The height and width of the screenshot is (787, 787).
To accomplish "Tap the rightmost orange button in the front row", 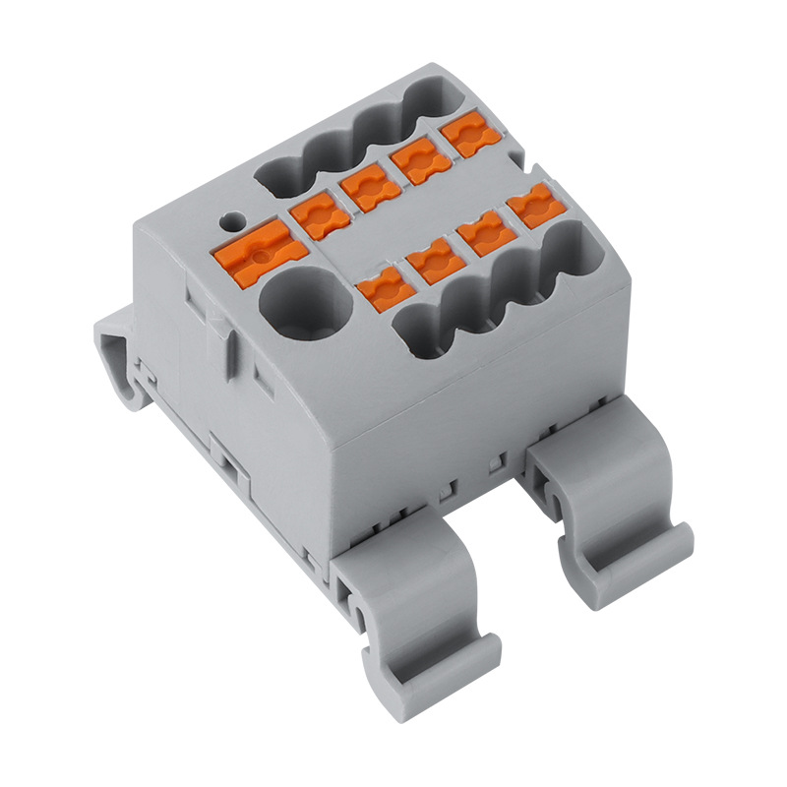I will coord(532,208).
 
